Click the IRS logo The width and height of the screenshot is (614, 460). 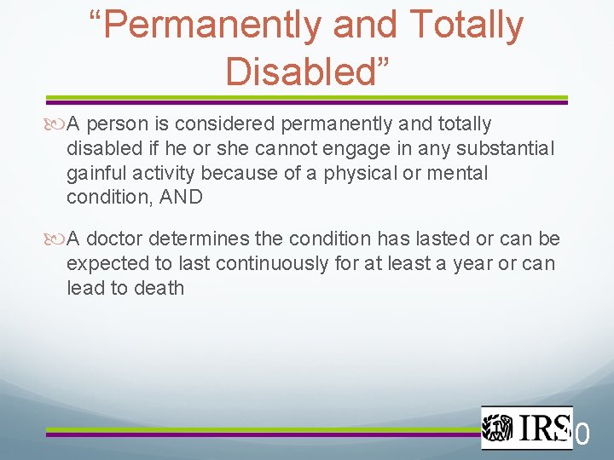[525, 427]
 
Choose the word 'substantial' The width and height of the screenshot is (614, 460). [506, 149]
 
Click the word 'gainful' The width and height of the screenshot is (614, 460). [96, 174]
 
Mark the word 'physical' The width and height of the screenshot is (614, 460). [357, 174]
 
